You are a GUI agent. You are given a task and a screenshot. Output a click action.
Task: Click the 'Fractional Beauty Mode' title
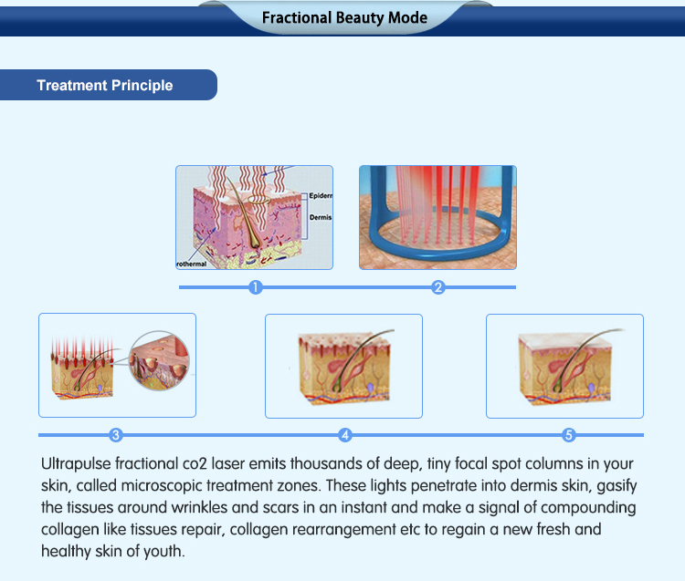tap(344, 18)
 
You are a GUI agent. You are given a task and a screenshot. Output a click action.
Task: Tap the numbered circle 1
tap(256, 287)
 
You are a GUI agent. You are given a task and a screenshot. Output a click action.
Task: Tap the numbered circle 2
tap(437, 287)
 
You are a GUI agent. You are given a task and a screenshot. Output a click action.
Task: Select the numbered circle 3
tap(116, 435)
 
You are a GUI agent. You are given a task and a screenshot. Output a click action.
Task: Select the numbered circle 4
tap(345, 435)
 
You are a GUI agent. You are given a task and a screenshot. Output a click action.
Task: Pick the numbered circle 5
tap(568, 435)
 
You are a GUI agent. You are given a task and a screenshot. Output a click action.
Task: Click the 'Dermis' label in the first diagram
tap(321, 217)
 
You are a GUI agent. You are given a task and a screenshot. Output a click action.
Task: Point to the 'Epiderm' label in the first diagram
tap(321, 196)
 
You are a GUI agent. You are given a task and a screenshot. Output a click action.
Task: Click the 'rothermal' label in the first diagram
tap(191, 264)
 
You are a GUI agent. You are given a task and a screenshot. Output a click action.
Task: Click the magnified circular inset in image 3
tap(160, 360)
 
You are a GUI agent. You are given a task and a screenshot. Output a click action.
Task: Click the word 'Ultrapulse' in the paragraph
tap(76, 463)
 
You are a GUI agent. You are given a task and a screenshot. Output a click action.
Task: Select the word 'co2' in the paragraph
tap(195, 463)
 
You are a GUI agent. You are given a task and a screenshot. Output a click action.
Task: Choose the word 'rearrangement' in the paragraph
tap(343, 530)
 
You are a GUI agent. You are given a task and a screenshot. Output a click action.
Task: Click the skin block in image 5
tap(565, 368)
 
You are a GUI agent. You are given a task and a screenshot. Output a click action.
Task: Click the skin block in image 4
tap(345, 368)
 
